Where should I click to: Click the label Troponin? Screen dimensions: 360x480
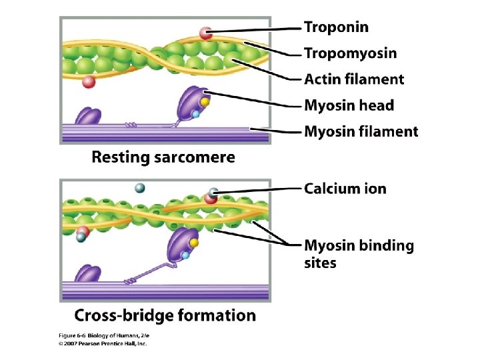[336, 27]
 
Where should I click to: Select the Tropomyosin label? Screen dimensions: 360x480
[350, 53]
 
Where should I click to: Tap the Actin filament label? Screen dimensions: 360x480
[353, 79]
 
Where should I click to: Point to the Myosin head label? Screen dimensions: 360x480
[349, 105]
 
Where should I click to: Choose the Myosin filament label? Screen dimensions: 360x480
[361, 131]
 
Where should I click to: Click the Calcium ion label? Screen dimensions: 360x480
[345, 189]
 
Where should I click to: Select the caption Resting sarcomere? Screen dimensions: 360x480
[163, 158]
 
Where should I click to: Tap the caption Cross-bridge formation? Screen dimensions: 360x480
[165, 315]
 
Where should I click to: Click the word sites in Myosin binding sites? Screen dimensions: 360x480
[320, 263]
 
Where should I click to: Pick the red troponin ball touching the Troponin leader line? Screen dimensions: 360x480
[207, 32]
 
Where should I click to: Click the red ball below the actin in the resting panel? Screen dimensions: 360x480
[88, 82]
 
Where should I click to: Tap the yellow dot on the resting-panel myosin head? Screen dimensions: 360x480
[205, 103]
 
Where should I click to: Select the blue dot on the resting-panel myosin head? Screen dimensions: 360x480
[196, 114]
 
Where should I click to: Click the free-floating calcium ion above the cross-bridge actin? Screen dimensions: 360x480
[140, 188]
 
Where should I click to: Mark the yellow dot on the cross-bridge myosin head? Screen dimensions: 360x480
[194, 243]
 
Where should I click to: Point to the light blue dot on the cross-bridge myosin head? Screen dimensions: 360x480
[186, 255]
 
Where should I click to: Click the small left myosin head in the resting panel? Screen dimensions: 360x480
[87, 117]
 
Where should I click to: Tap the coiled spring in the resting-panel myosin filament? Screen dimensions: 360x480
[131, 123]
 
